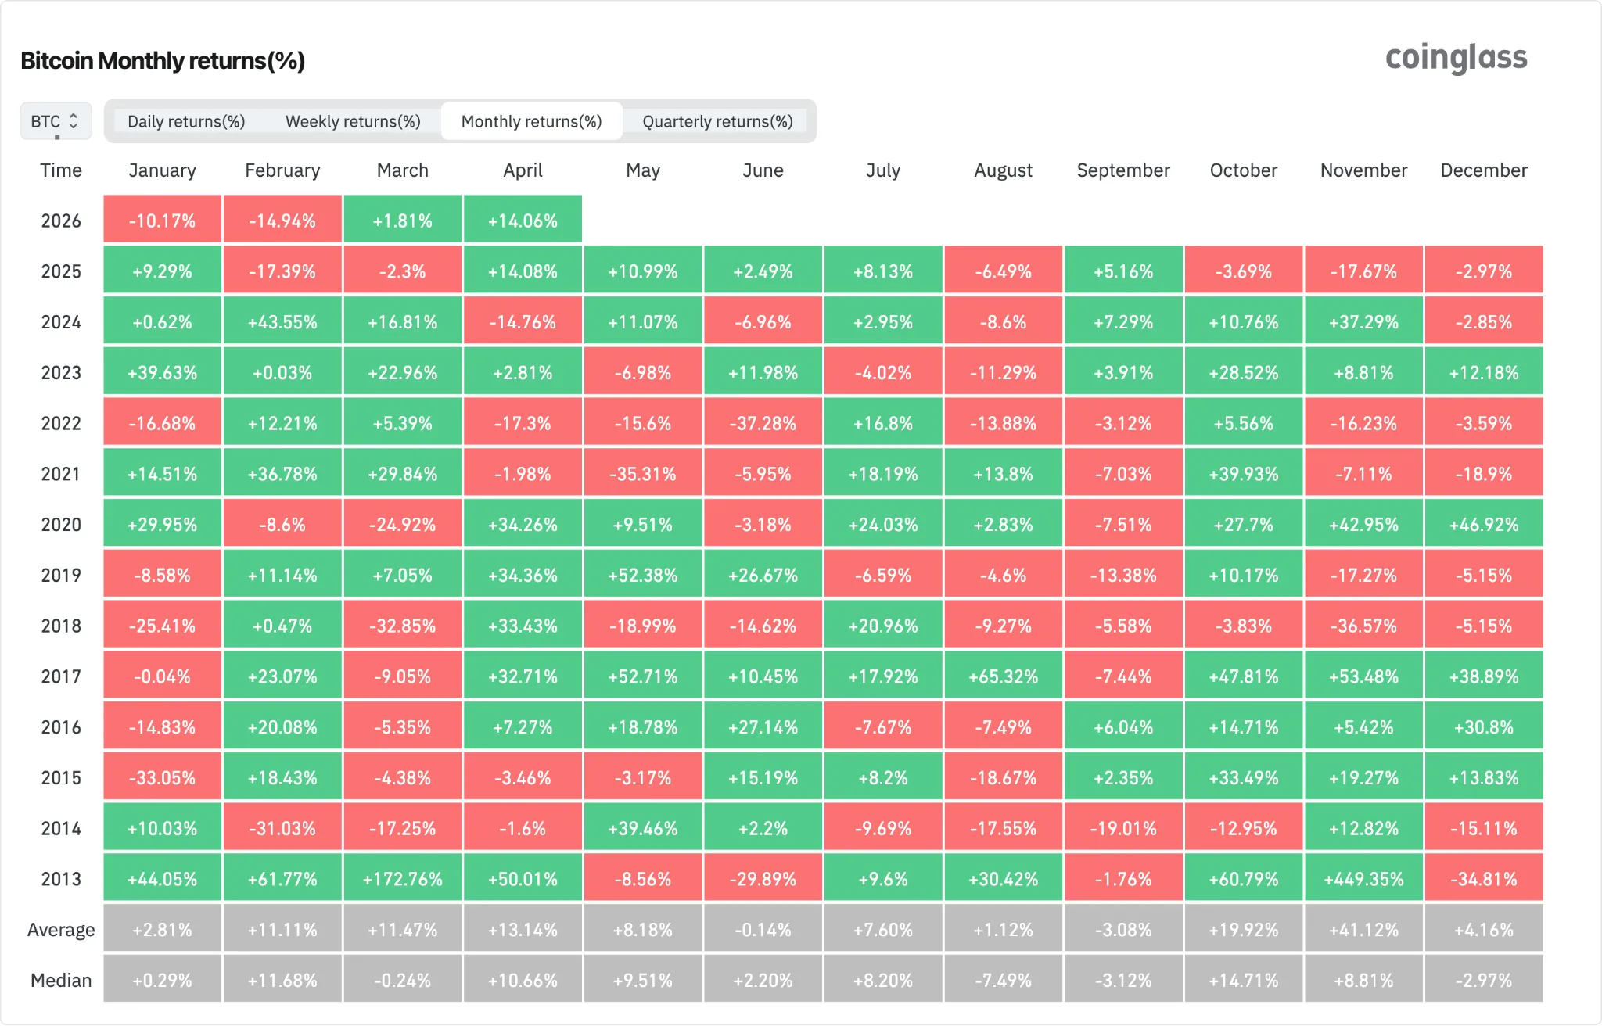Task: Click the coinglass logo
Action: click(x=1456, y=58)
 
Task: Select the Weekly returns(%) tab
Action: click(x=353, y=121)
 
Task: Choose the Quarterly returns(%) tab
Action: click(x=717, y=121)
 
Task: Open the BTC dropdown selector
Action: click(x=56, y=121)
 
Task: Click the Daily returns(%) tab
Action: click(x=186, y=121)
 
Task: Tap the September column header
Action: click(x=1123, y=170)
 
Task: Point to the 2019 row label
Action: click(x=61, y=576)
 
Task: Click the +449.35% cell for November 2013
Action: click(x=1363, y=879)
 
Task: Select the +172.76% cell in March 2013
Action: click(x=403, y=879)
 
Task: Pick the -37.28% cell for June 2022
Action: click(x=763, y=424)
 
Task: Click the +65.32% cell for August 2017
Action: click(x=1003, y=676)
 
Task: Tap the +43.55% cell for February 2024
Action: click(x=282, y=322)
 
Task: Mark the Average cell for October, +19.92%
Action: click(x=1244, y=930)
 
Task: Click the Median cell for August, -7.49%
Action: click(x=1003, y=981)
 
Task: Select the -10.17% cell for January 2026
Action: click(x=162, y=221)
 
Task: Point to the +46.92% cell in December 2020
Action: click(x=1484, y=525)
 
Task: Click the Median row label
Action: click(x=61, y=981)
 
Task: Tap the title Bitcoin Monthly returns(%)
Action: click(x=163, y=61)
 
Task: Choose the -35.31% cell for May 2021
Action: click(x=643, y=474)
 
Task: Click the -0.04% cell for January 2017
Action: click(x=162, y=676)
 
